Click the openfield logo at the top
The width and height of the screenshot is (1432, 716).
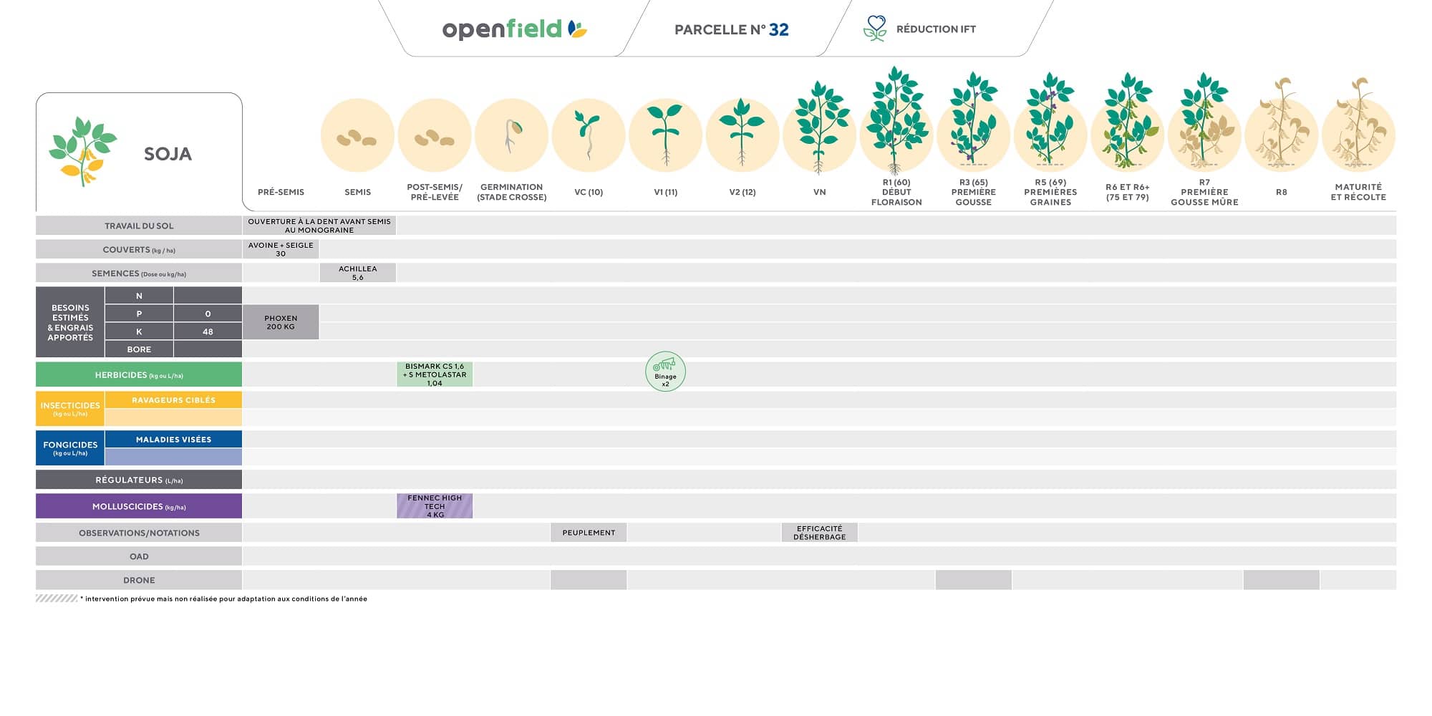pos(513,29)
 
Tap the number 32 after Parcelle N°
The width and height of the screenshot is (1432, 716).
pos(778,29)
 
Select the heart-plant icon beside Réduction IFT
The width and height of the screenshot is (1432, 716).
pos(875,29)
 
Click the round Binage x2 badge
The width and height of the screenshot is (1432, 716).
pos(665,372)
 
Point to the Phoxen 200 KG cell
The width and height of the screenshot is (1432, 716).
pos(281,322)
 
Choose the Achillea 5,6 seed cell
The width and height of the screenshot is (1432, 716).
pos(357,273)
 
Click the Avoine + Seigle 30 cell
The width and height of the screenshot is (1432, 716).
pos(281,249)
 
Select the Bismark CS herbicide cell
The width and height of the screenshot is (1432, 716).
pos(435,374)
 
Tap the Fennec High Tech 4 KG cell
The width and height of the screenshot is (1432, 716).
pos(435,506)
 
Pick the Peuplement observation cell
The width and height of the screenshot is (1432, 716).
pos(589,533)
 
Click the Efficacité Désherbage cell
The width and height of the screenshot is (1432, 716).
pos(819,533)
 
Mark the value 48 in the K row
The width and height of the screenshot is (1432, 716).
pos(208,332)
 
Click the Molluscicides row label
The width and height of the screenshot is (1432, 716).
pos(139,506)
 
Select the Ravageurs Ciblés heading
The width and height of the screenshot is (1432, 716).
pos(173,400)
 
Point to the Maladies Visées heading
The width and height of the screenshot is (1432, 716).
pos(173,440)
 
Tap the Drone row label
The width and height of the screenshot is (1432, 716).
pos(139,580)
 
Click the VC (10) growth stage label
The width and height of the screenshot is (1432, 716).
pos(589,192)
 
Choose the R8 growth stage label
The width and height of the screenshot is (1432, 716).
pos(1281,192)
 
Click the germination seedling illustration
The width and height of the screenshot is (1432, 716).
pos(512,135)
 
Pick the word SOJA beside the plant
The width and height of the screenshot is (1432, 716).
pos(168,154)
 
